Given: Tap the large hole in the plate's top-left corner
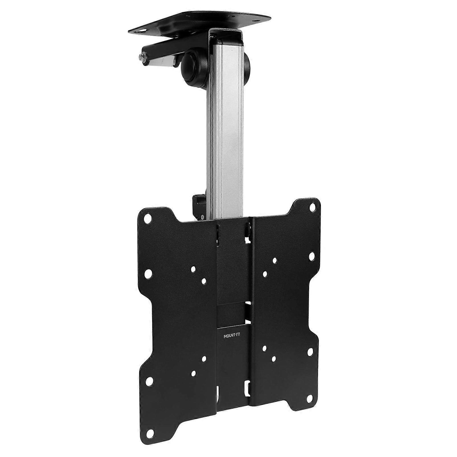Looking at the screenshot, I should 147,218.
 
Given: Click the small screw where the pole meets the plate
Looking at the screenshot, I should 202,217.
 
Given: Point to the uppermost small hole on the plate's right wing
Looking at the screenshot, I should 275,260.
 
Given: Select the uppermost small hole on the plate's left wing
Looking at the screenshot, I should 193,269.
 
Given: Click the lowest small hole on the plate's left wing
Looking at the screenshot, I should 193,373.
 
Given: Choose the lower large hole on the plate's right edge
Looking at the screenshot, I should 310,352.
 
